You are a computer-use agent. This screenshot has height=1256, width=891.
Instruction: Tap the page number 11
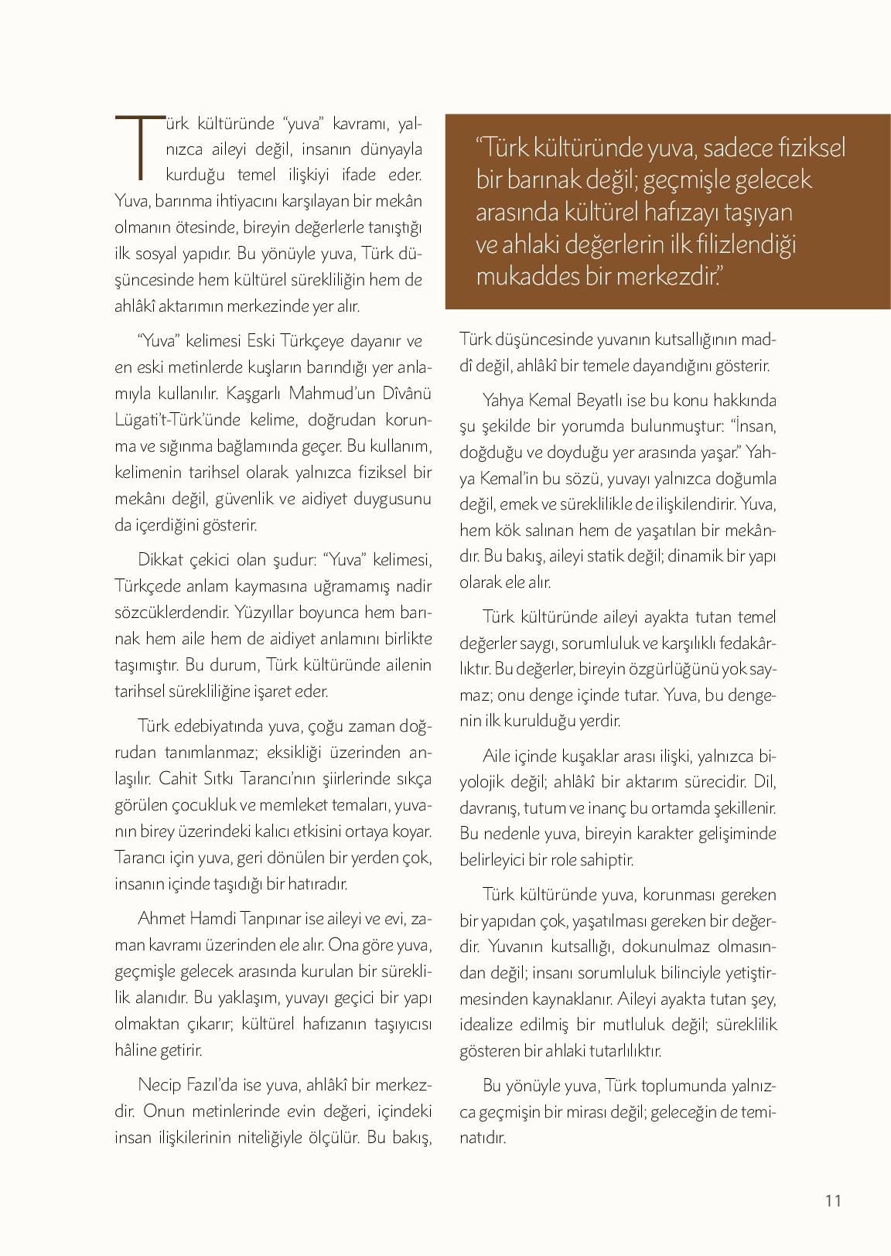(x=832, y=1200)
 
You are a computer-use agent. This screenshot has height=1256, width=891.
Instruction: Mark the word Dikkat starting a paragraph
(x=160, y=560)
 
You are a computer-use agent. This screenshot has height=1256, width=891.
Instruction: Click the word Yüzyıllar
(x=265, y=613)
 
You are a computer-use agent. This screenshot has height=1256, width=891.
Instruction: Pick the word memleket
(x=289, y=805)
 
